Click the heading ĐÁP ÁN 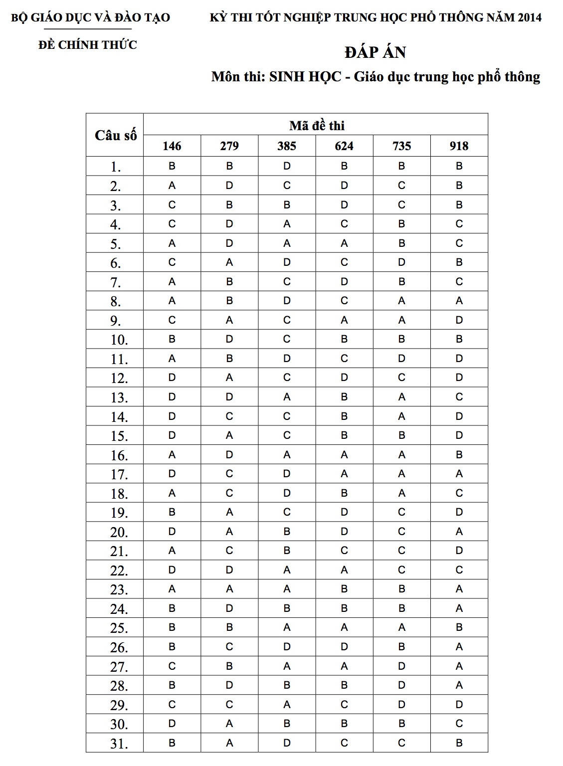375,52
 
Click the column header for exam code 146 172,146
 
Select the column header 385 287,146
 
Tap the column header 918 459,146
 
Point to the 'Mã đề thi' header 317,125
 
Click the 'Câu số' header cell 115,135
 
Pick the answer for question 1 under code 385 287,166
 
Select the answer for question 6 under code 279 229,262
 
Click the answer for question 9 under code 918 459,320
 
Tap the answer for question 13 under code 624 344,397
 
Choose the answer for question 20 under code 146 172,532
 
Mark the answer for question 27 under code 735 401,666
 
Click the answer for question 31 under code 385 287,743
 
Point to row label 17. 119,474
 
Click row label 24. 119,609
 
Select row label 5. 116,244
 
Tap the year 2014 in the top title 529,18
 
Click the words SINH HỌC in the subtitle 305,77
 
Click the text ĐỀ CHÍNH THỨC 88,45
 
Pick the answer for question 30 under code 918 459,724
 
